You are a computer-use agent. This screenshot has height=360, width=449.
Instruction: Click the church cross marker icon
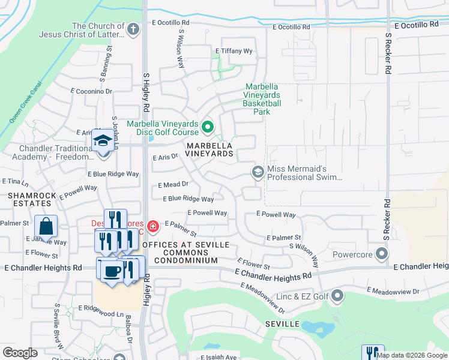pos(133,28)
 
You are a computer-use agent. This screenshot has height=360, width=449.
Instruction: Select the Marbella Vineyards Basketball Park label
pos(262,99)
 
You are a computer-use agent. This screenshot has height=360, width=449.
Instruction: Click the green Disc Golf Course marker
pos(208,127)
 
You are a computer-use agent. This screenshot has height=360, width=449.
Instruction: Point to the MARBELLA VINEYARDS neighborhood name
pos(209,149)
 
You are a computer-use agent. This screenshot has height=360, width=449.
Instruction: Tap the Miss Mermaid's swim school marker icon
pos(258,173)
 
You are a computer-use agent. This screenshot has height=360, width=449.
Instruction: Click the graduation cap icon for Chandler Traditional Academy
pos(103,140)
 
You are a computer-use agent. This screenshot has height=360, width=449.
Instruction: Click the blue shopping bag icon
pos(46,227)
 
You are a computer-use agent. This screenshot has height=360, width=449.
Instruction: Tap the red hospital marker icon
pos(154,226)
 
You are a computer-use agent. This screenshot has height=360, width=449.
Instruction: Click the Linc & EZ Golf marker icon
pos(337,295)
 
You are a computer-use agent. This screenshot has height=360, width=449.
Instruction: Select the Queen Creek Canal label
pos(25,101)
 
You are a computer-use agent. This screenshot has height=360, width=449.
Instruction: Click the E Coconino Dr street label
pos(91,91)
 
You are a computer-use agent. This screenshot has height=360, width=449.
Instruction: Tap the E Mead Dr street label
pos(173,185)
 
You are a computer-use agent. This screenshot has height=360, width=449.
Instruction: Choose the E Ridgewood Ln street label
pos(105,314)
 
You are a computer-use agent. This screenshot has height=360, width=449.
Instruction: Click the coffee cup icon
pos(111,271)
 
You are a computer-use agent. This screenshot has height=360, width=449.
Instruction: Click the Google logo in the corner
pos(20,352)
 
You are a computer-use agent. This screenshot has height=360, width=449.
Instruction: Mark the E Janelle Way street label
pos(46,242)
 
